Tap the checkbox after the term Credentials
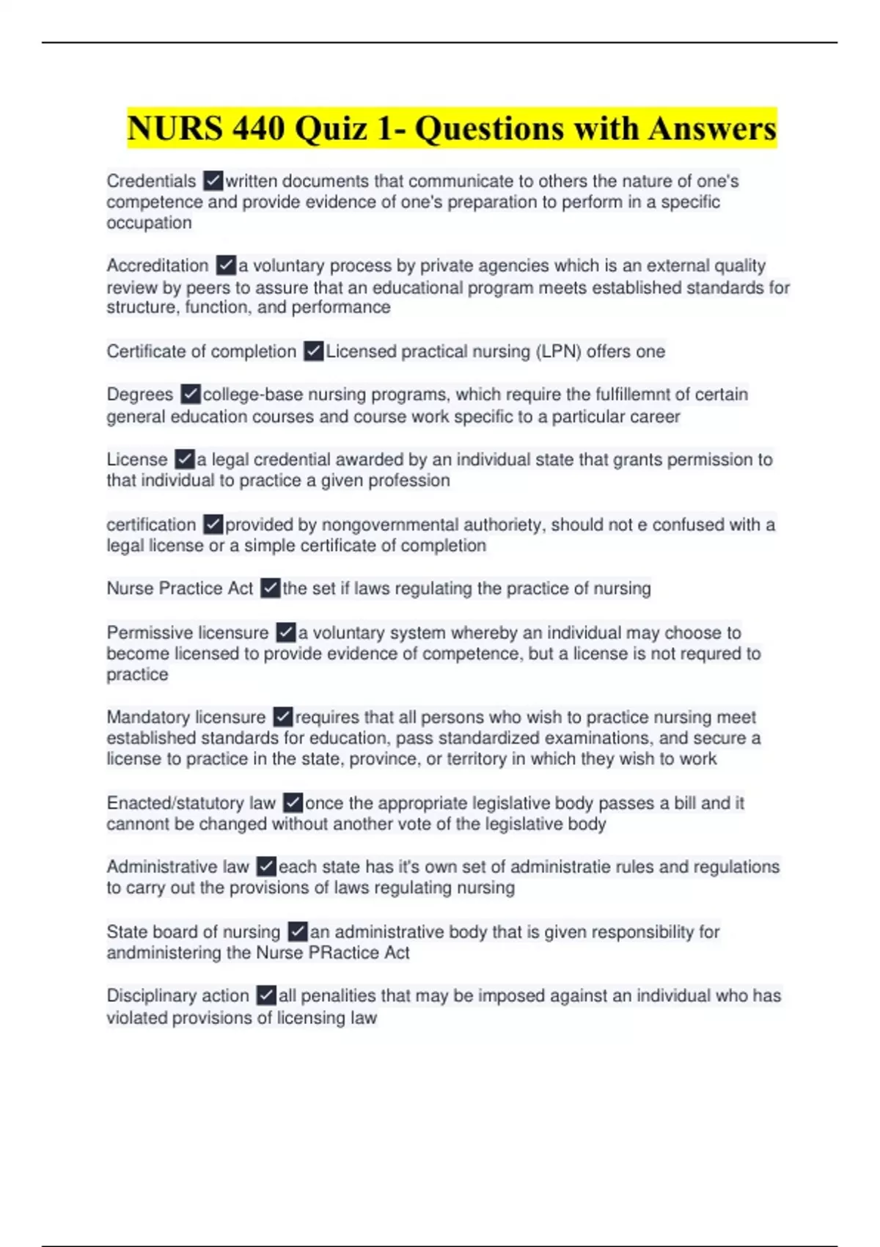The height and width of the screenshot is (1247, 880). pos(213,180)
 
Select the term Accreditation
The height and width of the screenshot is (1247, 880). pos(158,266)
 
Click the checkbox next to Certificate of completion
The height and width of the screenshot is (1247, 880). pos(313,351)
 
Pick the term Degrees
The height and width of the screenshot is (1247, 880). pos(140,395)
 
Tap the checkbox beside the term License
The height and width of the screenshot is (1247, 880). pos(184,460)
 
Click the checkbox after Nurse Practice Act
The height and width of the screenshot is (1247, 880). pos(270,588)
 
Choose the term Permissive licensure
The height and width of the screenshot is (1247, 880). pos(188,632)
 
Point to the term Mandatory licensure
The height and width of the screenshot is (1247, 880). pos(186,717)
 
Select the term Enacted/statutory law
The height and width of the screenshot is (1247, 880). pos(191,803)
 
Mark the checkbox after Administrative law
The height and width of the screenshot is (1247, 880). pos(266,867)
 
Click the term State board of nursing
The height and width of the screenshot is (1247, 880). pos(194,932)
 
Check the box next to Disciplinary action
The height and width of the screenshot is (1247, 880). pos(266,996)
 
